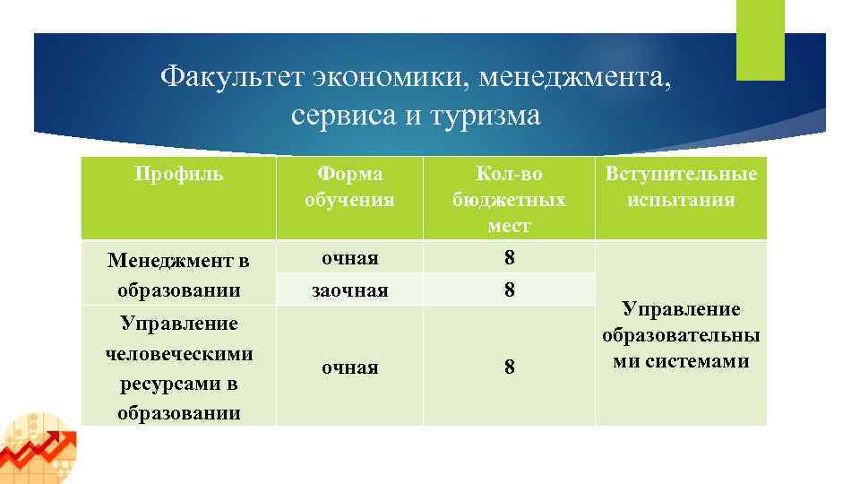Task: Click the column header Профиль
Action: tap(178, 173)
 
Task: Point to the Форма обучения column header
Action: tap(349, 186)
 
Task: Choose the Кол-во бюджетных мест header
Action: tap(509, 199)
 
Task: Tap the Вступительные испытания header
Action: tap(681, 186)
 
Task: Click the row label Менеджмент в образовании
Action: tap(178, 275)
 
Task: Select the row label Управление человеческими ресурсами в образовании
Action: tap(178, 367)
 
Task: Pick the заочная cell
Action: tap(349, 290)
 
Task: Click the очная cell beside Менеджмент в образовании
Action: tap(349, 258)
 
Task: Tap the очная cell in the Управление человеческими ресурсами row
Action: tap(349, 367)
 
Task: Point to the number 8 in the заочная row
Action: tap(509, 290)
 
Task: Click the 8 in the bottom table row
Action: tap(509, 367)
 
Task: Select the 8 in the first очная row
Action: tap(509, 258)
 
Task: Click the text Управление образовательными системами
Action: tap(681, 335)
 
